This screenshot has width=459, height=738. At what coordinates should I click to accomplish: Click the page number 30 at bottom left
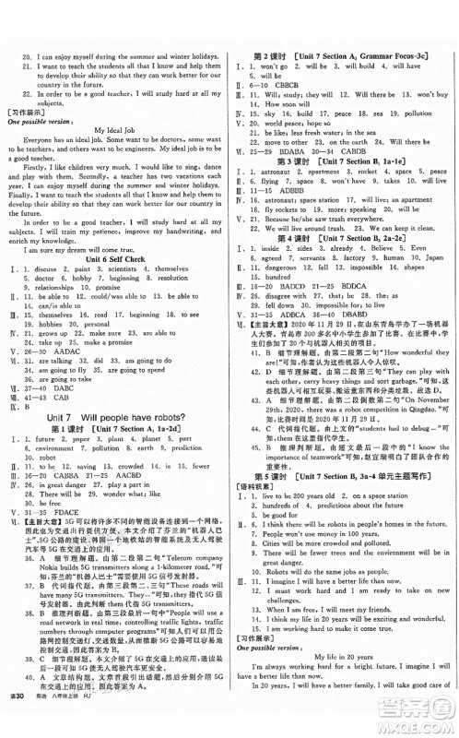pos(18,729)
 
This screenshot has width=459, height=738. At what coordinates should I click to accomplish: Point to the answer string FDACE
pos(76,534)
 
